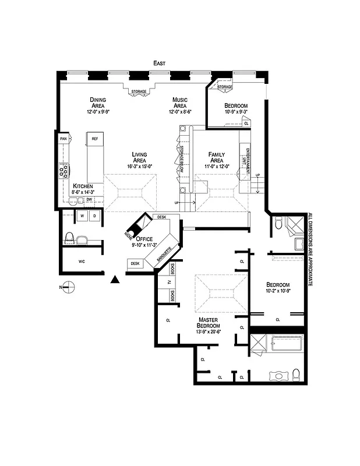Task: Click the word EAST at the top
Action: [159, 62]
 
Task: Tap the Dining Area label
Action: [97, 103]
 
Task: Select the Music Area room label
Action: [179, 103]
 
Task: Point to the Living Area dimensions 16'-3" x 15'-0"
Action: [139, 166]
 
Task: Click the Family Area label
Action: [216, 157]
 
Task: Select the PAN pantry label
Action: [63, 139]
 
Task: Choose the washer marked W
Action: [82, 216]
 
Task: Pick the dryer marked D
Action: [94, 216]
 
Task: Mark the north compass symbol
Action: [69, 285]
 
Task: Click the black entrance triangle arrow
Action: [115, 280]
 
